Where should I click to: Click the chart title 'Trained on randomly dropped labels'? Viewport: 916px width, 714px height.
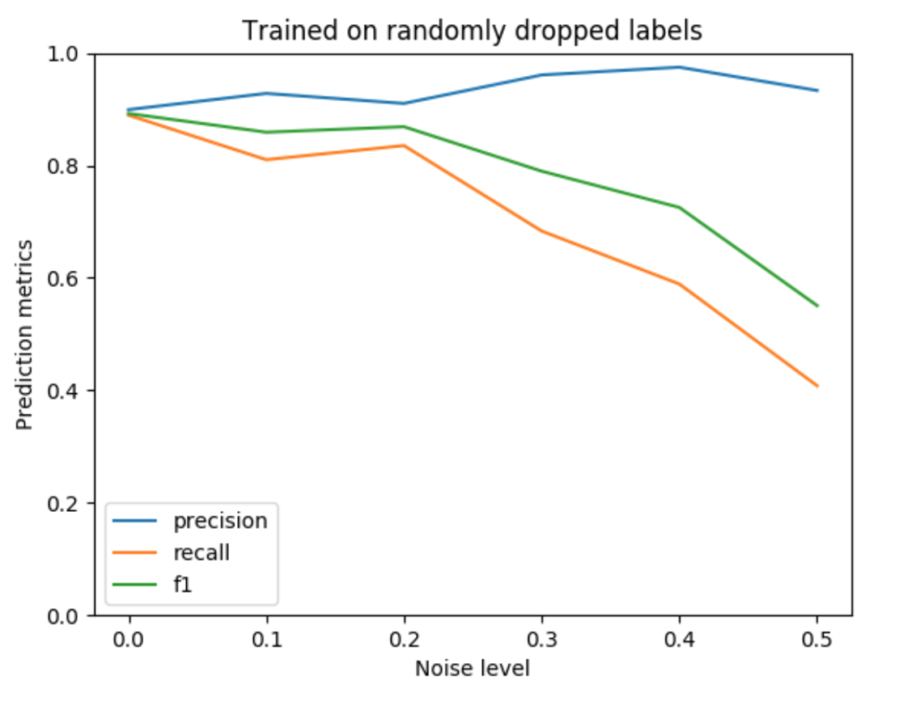472,30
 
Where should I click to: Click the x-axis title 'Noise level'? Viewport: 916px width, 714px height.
472,668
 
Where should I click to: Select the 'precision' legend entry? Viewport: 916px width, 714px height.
220,520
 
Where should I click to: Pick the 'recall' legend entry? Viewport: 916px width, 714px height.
201,553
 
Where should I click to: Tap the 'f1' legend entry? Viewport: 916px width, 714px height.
182,586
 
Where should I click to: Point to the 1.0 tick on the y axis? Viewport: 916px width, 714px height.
65,55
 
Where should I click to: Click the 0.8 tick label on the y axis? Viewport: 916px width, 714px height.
65,166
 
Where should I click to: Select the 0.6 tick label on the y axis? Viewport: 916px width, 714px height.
65,279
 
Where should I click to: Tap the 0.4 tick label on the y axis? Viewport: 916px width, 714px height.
65,391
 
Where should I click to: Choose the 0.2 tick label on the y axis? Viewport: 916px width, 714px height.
65,503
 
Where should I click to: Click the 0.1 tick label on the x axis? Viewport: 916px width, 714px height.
267,641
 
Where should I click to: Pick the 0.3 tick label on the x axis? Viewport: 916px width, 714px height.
542,641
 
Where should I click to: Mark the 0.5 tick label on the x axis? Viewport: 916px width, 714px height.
817,641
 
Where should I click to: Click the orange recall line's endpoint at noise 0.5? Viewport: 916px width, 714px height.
817,386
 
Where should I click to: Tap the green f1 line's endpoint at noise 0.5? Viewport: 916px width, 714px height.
817,307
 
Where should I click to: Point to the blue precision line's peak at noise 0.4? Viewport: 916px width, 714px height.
680,67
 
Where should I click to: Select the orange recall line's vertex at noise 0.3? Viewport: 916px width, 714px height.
542,231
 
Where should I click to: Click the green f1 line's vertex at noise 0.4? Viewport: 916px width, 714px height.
680,207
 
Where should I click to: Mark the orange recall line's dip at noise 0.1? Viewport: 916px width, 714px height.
267,160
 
